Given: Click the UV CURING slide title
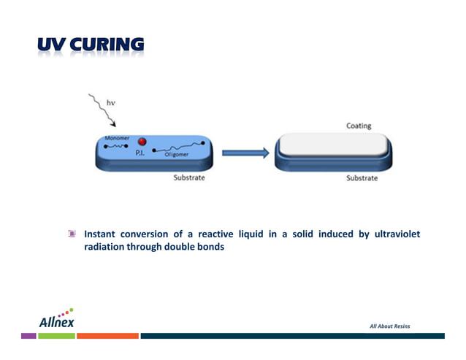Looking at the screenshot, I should pos(91,46).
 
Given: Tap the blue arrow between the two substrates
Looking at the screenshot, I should pos(246,153).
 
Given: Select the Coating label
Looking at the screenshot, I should pos(358,126).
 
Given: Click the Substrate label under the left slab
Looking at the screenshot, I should pos(188,177).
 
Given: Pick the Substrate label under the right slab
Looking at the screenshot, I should pos(362,178).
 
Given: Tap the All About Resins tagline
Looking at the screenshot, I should pos(389,326).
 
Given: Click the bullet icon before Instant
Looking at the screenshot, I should pos(72,234).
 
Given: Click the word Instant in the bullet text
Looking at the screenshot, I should pos(102,234).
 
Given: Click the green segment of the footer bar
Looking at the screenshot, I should pos(56,336).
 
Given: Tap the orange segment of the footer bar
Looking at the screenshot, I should pos(107,336).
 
